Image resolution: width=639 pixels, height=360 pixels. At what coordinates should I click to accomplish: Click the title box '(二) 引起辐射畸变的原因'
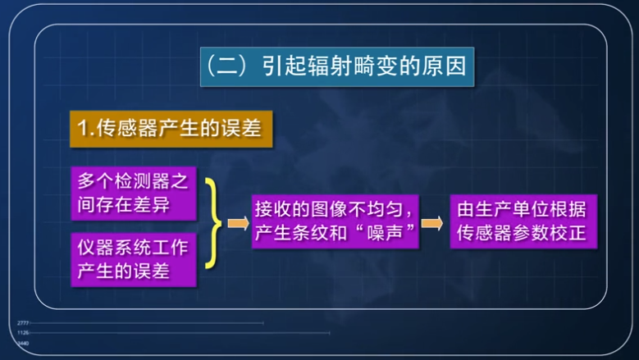pyautogui.click(x=337, y=66)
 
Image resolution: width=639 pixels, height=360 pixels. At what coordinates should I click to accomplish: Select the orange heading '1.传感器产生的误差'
pyautogui.click(x=170, y=127)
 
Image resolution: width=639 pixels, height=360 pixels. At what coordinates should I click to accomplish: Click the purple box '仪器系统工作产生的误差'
pyautogui.click(x=133, y=258)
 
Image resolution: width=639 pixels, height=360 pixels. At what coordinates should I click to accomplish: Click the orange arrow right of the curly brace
pyautogui.click(x=238, y=222)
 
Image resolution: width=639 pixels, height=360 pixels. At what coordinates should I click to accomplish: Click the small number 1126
pyautogui.click(x=22, y=333)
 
